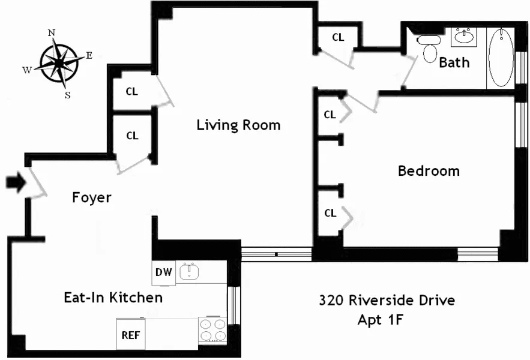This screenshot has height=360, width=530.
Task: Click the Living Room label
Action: [238, 125]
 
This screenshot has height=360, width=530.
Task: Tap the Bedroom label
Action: [429, 171]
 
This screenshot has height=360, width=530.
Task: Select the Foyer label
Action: [92, 197]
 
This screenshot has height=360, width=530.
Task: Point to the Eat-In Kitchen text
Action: [113, 297]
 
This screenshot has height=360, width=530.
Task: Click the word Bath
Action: [454, 62]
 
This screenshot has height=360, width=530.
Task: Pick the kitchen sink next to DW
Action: [190, 272]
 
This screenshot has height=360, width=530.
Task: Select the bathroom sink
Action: [463, 36]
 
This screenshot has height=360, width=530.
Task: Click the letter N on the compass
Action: [52, 33]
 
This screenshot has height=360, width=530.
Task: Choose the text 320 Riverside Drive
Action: [387, 300]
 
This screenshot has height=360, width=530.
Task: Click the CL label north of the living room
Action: [338, 37]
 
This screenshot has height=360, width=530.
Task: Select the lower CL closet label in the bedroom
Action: [330, 213]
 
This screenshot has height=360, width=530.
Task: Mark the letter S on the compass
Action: [67, 94]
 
